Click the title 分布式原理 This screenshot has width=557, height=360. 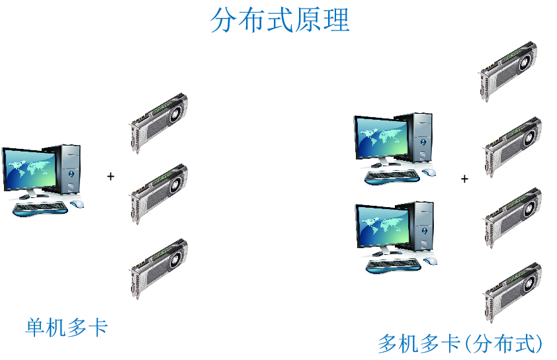tap(280, 21)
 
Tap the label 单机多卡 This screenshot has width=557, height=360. tap(66, 328)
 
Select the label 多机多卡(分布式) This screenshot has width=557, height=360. tap(460, 344)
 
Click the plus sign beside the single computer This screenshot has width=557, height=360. tap(111, 176)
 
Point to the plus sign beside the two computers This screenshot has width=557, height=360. tap(464, 179)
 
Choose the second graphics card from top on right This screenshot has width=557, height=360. tap(512, 146)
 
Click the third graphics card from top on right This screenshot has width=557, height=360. tap(512, 218)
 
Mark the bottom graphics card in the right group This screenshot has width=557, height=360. tap(512, 292)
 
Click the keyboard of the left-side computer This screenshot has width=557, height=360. tap(40, 208)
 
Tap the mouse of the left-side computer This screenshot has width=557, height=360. tap(77, 204)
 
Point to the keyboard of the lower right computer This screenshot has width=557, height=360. tap(394, 265)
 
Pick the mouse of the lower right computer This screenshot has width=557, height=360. tap(430, 261)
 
